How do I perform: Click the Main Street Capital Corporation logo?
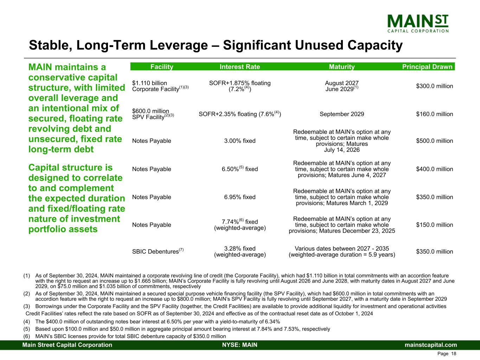coord(418,24)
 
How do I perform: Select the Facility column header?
coord(162,67)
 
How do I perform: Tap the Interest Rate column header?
coord(240,67)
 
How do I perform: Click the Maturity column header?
coord(342,67)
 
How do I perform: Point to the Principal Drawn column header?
coord(427,67)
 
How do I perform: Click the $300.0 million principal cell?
coord(434,86)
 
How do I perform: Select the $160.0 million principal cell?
coord(434,114)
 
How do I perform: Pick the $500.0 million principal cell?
coord(434,141)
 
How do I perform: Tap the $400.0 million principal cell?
coord(434,169)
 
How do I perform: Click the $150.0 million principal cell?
coord(434,225)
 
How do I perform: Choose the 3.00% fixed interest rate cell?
coord(240,141)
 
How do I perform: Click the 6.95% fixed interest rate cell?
coord(240,197)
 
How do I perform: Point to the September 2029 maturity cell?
coord(342,114)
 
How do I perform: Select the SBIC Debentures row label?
coord(158,251)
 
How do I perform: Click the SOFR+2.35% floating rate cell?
coord(240,114)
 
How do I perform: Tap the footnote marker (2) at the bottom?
coord(26,294)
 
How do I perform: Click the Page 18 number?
coord(447,354)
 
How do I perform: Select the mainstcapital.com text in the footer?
coord(430,345)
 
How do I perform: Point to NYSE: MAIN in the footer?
coord(240,345)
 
